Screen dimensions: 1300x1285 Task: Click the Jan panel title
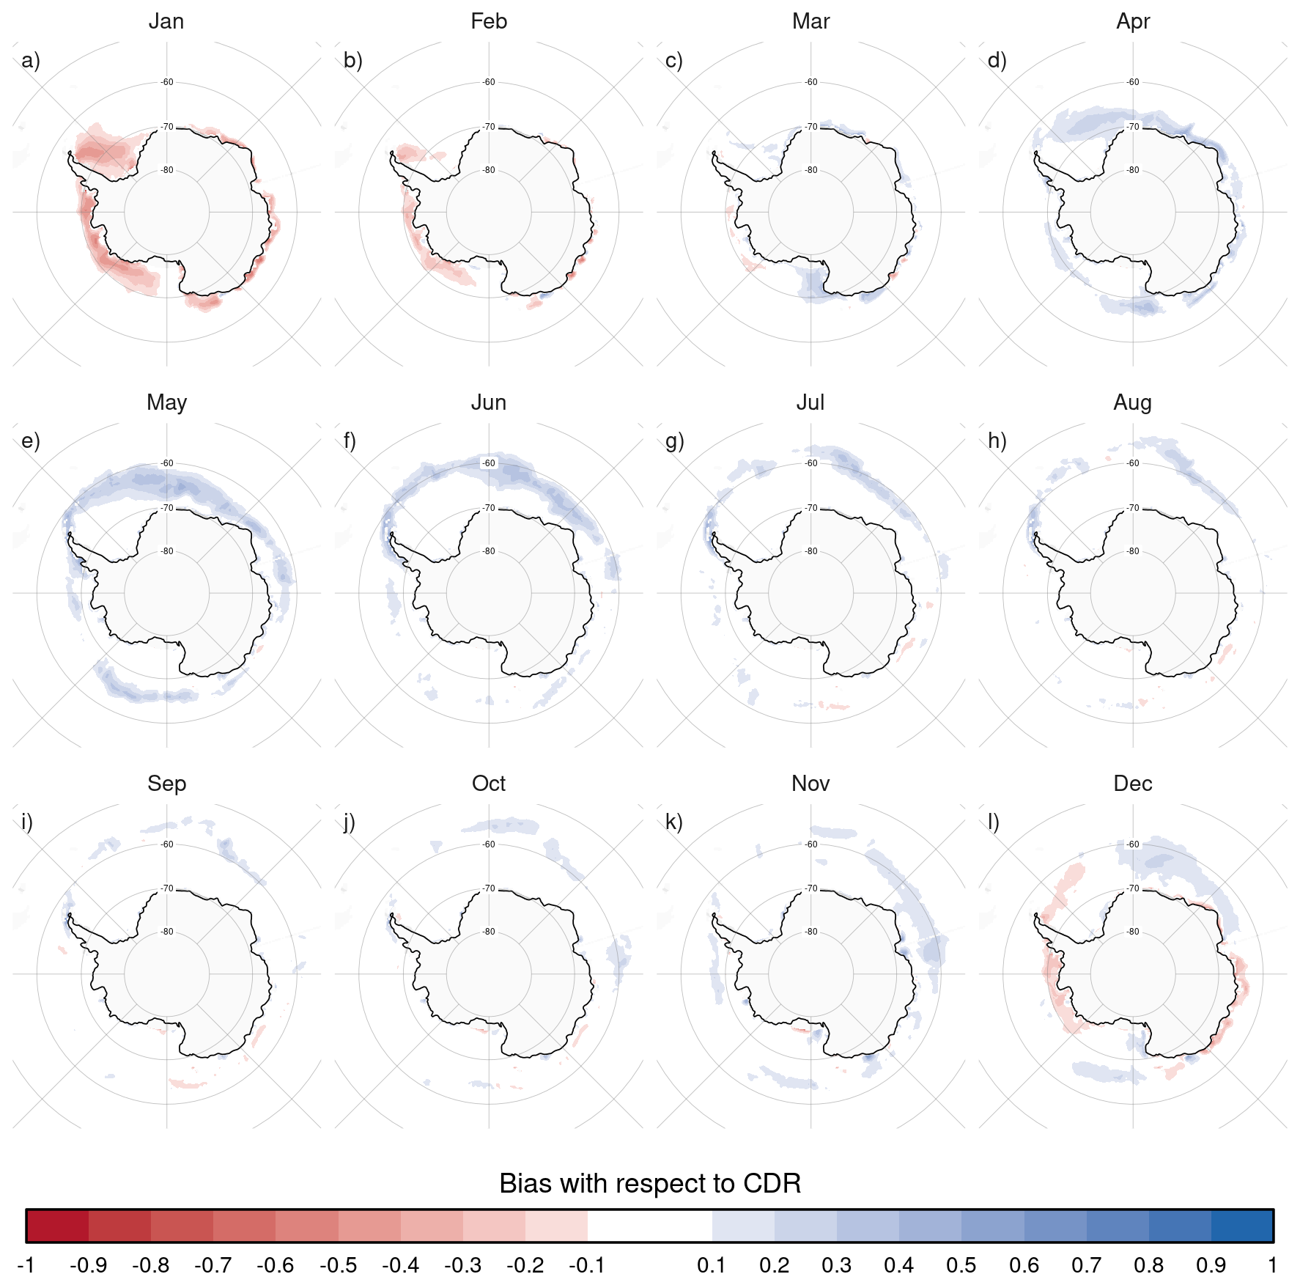tap(166, 21)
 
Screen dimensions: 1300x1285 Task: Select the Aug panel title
tap(1133, 402)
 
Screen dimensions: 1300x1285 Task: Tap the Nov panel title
tap(810, 784)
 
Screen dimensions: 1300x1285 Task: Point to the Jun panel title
tap(489, 402)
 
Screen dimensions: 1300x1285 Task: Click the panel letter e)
tap(31, 441)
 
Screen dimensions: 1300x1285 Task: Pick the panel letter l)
tap(994, 822)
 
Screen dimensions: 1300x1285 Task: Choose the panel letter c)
tap(674, 60)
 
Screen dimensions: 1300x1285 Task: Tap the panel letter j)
tap(350, 822)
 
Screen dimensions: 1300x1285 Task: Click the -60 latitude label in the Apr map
tap(1133, 82)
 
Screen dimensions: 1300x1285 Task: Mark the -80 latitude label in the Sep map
tap(167, 932)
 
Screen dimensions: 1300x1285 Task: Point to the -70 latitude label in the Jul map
tap(811, 507)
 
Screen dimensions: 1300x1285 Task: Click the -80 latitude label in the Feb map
tap(489, 170)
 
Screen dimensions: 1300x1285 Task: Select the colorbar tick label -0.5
tap(338, 1265)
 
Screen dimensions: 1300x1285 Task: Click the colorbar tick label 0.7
tap(1087, 1265)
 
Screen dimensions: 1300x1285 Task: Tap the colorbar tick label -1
tap(26, 1265)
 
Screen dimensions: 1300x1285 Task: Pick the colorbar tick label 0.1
tap(712, 1265)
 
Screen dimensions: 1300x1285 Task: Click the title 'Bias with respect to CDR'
tap(650, 1183)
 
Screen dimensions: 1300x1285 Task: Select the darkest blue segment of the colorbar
tap(1243, 1226)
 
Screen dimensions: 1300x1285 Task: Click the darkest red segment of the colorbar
tap(58, 1226)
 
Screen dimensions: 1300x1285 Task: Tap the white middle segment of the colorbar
tap(650, 1226)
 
